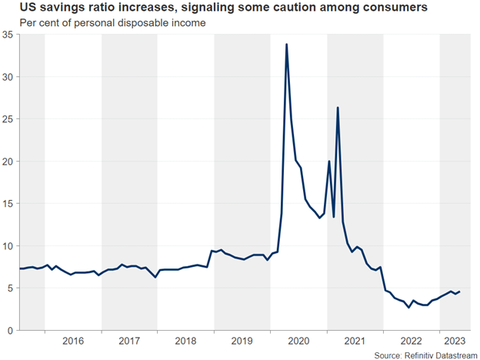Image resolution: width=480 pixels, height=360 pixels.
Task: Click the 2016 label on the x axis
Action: coord(73,341)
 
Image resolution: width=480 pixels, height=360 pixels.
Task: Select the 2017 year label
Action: coord(129,341)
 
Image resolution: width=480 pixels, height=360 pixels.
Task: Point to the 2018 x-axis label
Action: coord(185,341)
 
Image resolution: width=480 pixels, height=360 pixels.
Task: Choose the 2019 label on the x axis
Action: coord(242,341)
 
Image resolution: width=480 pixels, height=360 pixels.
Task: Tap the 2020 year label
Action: coord(298,341)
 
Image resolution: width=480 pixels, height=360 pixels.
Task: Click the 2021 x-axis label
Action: coord(355,341)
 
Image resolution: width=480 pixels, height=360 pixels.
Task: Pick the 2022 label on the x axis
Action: coord(411,341)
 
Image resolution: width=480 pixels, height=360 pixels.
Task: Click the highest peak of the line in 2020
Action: coord(287,45)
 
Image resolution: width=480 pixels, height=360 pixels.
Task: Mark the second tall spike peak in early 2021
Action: coord(338,108)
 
